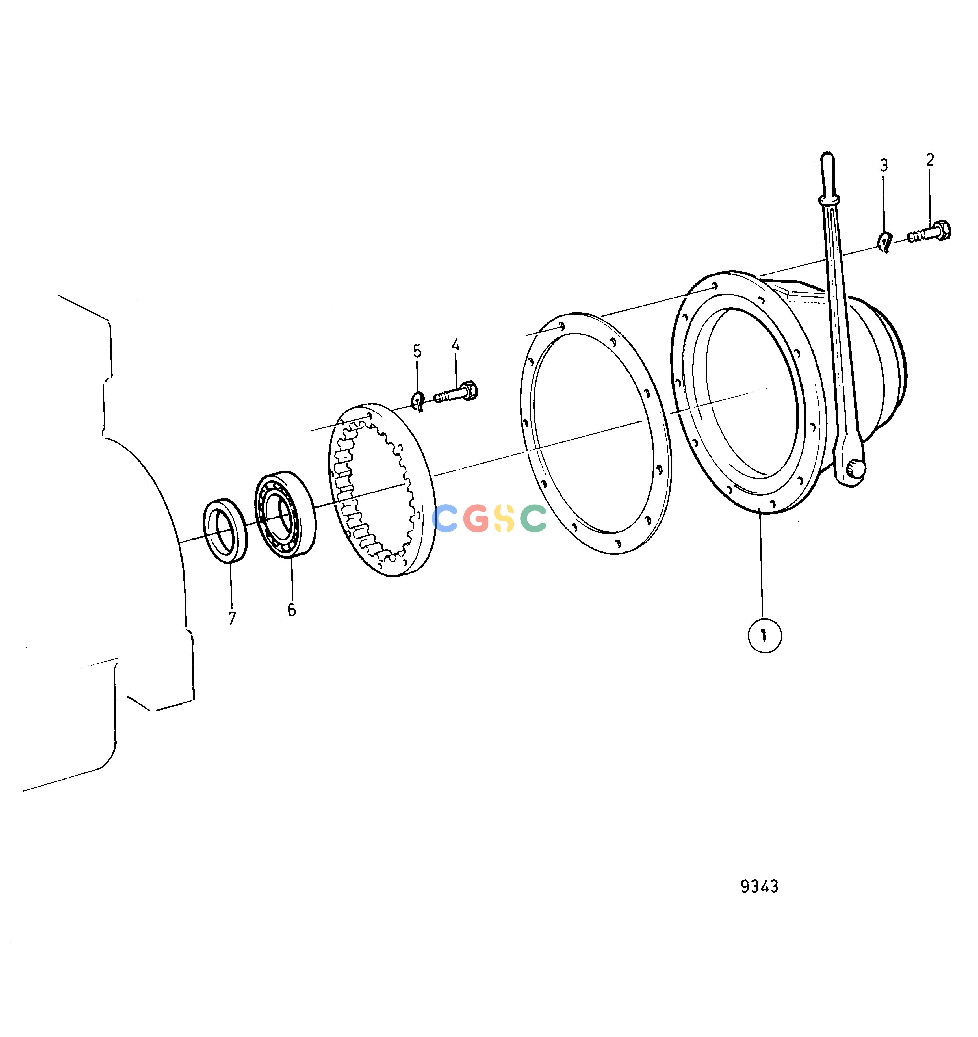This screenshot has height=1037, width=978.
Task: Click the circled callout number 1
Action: point(765,635)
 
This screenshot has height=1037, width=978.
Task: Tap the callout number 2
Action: point(930,160)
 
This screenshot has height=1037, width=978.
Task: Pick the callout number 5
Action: point(417,351)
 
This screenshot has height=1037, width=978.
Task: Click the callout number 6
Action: point(292,610)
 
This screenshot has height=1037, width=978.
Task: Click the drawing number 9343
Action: point(760,886)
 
